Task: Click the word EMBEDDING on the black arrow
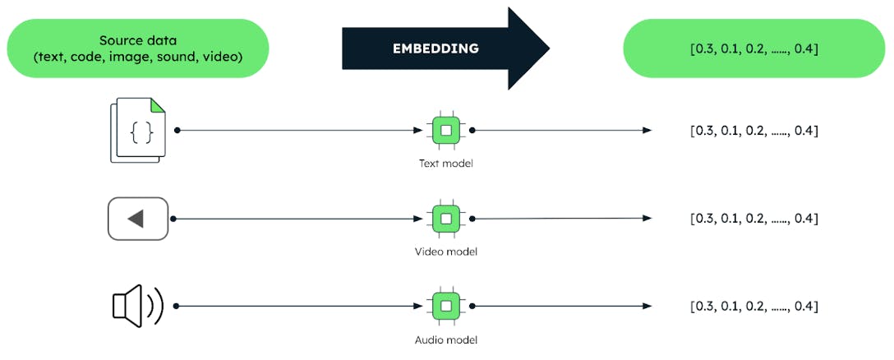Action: pos(435,48)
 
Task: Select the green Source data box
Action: pos(137,48)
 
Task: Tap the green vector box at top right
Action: pos(753,48)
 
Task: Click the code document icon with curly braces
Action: pos(137,130)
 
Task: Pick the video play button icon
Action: pos(137,219)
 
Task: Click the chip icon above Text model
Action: pos(445,130)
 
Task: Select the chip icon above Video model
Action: pos(445,219)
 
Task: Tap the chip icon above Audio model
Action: pos(445,306)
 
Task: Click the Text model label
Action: pos(445,164)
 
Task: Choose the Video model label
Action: pos(445,252)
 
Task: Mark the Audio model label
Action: pos(445,339)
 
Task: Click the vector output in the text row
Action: pos(753,131)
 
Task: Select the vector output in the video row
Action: pos(753,219)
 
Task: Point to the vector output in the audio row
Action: pos(753,306)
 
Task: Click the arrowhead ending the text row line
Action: pos(647,130)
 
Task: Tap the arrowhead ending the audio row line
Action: pos(647,306)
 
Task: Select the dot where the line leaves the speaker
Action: pos(177,306)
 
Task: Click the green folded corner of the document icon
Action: pos(158,104)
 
